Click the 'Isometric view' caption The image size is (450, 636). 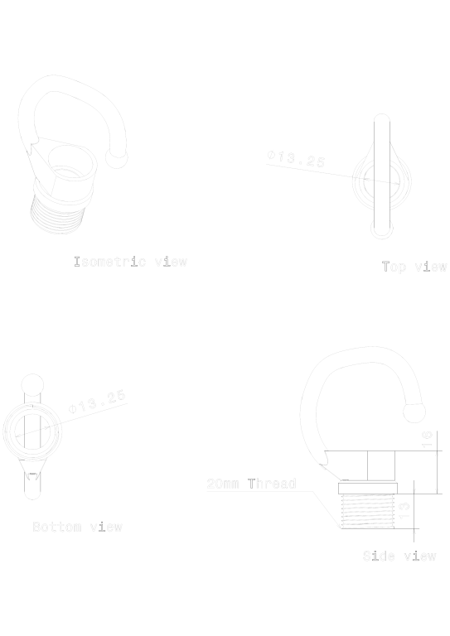[131, 263]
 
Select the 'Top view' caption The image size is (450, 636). [414, 267]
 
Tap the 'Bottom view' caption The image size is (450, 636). [77, 527]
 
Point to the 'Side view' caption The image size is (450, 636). [399, 556]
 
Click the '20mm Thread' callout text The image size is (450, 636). [251, 484]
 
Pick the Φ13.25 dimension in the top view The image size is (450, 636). [297, 160]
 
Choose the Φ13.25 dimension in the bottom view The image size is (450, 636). [98, 402]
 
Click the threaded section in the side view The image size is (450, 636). [367, 512]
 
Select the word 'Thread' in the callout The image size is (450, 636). [272, 484]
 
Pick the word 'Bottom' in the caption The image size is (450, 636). [56, 527]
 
